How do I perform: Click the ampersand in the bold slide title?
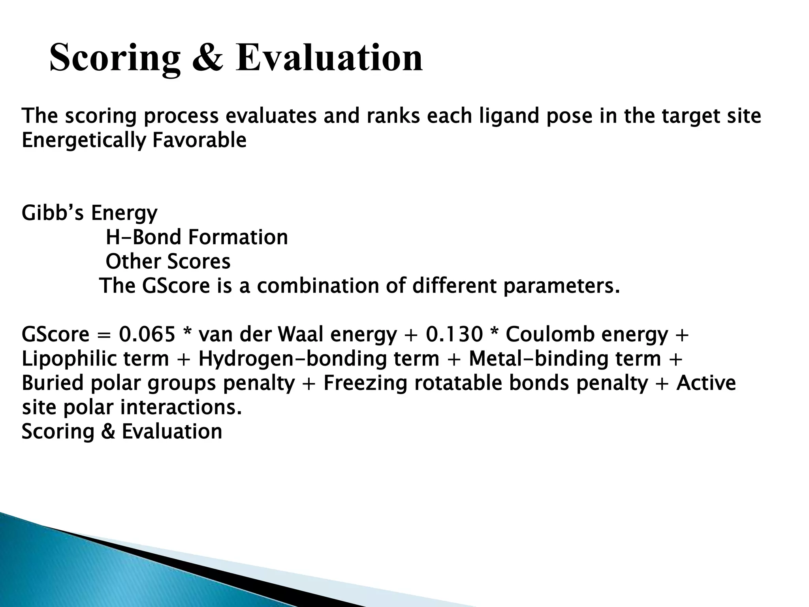(208, 58)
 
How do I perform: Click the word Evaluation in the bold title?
(329, 58)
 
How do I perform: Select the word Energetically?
(83, 141)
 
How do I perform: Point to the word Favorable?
(199, 141)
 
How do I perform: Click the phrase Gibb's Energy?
(89, 213)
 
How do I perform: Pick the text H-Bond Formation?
(197, 238)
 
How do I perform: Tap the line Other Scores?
(168, 262)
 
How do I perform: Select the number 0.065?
(147, 335)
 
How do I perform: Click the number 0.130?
(454, 335)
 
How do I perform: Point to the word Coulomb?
(550, 335)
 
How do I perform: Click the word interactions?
(181, 408)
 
